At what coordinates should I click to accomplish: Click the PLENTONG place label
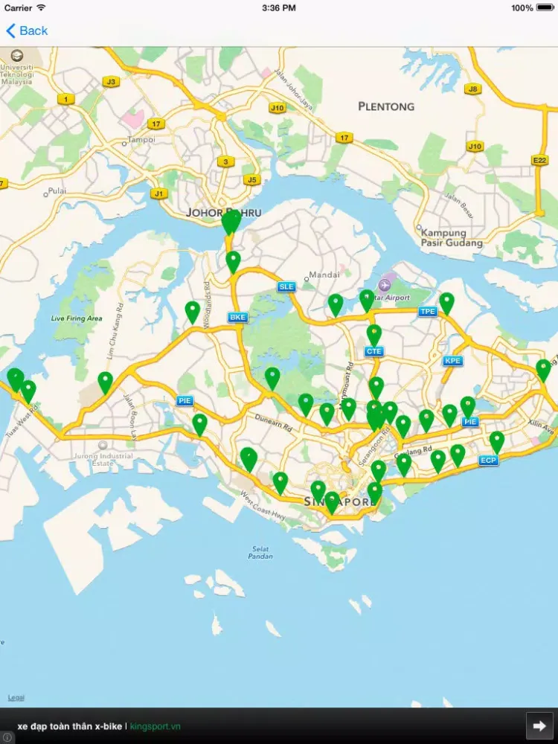386,106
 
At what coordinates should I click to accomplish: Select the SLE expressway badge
286,286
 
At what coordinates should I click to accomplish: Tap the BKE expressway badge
237,318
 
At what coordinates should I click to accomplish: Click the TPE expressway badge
427,311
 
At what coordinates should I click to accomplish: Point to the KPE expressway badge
452,361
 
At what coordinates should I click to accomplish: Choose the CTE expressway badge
373,351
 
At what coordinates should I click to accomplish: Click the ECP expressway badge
488,461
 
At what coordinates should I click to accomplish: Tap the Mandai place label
324,275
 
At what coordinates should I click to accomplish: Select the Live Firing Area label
76,318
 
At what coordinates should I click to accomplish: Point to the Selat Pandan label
260,553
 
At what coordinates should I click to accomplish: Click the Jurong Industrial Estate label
112,460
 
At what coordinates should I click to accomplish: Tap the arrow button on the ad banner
539,725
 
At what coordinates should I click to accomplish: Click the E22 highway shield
539,160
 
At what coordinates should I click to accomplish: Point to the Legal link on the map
16,697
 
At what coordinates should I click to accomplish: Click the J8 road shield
472,89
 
